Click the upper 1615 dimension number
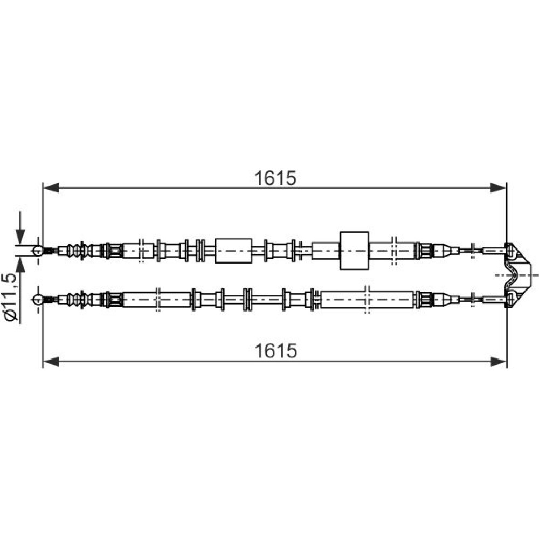pos(275,178)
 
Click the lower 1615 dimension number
pos(275,351)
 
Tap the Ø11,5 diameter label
pos(12,298)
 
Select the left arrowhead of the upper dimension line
pos(51,188)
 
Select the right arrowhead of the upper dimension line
pos(498,188)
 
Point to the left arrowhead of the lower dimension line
pos(51,361)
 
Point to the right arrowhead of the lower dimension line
pos(498,361)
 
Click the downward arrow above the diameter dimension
pos(20,227)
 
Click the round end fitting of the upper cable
pos(38,251)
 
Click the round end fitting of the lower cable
pos(38,299)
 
